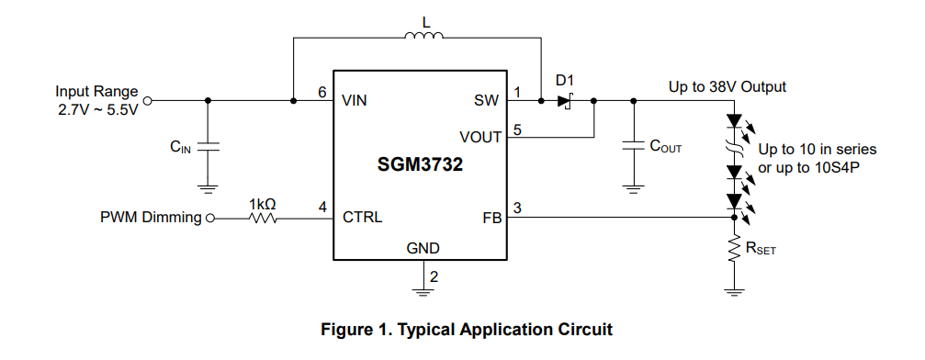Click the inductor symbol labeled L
tap(423, 38)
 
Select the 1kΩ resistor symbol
tap(264, 219)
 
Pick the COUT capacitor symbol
tap(633, 145)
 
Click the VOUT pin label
tap(480, 137)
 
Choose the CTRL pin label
tap(362, 219)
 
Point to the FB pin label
tap(491, 219)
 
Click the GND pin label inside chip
tap(423, 249)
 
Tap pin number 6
tap(321, 93)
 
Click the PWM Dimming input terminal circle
tap(210, 219)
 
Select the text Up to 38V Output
tap(727, 87)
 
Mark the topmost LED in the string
tap(734, 120)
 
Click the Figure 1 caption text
tap(465, 329)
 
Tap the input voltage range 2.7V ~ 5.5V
tap(97, 110)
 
